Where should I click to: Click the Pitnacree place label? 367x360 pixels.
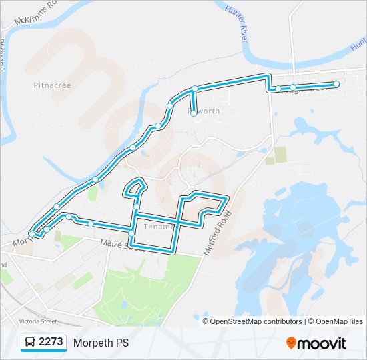click(51, 85)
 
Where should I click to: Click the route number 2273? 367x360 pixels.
click(51, 342)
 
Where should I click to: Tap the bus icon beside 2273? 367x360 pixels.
click(30, 343)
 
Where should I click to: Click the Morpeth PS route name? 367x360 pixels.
click(101, 343)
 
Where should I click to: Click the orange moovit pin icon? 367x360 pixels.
click(292, 343)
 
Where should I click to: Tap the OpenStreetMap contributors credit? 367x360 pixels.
click(256, 321)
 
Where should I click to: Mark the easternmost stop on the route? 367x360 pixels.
click(336, 84)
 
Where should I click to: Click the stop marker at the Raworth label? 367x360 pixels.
click(194, 114)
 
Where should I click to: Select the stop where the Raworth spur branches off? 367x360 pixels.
click(194, 89)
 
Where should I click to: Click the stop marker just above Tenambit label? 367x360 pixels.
click(136, 207)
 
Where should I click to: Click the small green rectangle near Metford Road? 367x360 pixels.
click(280, 154)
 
